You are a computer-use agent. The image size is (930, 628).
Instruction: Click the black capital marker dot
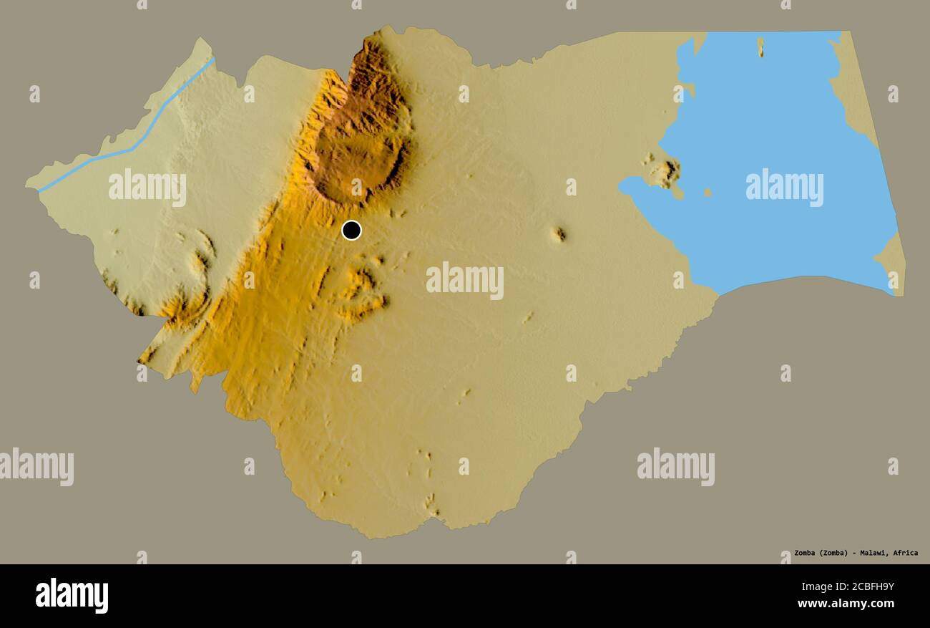pyautogui.click(x=351, y=230)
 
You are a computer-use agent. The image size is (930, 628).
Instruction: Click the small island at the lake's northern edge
pyautogui.click(x=760, y=47)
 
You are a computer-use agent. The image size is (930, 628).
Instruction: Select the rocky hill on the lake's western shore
pyautogui.click(x=667, y=171)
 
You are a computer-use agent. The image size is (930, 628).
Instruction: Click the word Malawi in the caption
pyautogui.click(x=871, y=553)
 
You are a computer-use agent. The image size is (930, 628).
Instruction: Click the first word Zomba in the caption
pyautogui.click(x=807, y=553)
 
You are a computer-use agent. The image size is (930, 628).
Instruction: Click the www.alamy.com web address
pyautogui.click(x=846, y=604)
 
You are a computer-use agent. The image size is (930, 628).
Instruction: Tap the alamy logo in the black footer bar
pyautogui.click(x=72, y=596)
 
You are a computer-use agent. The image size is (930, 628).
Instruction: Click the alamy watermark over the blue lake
pyautogui.click(x=784, y=187)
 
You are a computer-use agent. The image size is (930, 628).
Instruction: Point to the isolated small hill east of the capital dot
pyautogui.click(x=559, y=233)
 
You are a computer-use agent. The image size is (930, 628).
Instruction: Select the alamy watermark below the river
pyautogui.click(x=147, y=187)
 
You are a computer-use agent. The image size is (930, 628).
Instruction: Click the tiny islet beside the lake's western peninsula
pyautogui.click(x=707, y=192)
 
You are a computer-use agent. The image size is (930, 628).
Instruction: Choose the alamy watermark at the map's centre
pyautogui.click(x=464, y=280)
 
